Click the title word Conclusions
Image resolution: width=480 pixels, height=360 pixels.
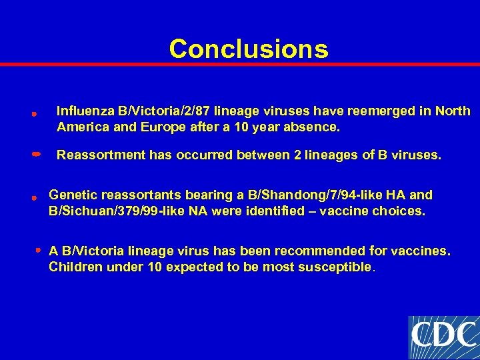click(248, 49)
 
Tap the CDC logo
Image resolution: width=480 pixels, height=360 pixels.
click(443, 337)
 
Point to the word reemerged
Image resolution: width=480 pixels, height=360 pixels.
click(366, 111)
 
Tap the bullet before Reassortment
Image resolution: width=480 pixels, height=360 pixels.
click(37, 154)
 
